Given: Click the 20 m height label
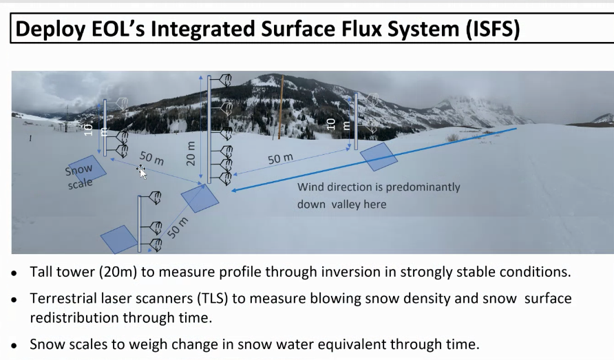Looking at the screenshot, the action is [190, 153].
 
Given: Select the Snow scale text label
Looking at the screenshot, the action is [79, 177].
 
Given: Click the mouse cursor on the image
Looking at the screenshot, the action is [142, 171].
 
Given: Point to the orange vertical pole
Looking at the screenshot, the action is [281, 107].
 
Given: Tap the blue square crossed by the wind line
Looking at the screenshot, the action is [379, 157].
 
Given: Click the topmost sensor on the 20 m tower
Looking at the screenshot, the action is [225, 81].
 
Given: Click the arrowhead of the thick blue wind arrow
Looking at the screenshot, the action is [235, 190].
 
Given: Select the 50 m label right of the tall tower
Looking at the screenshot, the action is [280, 158].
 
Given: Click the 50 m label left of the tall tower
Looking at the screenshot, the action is [151, 158].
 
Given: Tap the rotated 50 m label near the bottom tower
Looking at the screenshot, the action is [178, 228].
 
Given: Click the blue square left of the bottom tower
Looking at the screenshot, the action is [119, 239].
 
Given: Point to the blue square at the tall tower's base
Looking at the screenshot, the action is [200, 199].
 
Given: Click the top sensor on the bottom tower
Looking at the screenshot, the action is [155, 197].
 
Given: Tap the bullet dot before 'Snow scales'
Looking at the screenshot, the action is [14, 346].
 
